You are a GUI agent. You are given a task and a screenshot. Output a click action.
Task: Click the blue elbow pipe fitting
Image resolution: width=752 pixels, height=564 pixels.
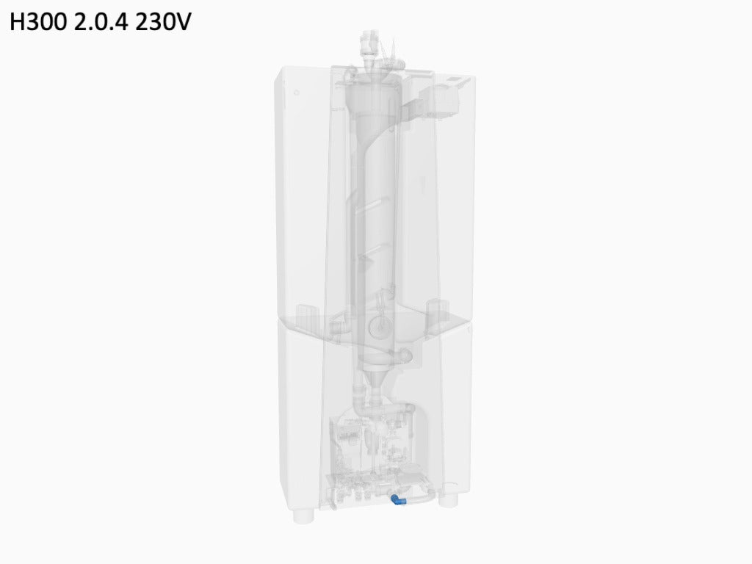coord(398,500)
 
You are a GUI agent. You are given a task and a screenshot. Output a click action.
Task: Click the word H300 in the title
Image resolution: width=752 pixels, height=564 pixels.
coord(38,22)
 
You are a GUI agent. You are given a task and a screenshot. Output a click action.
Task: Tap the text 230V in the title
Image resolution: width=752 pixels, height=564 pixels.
coord(163,22)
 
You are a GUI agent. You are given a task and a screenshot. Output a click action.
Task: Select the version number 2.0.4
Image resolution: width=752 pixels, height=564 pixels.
coord(101,22)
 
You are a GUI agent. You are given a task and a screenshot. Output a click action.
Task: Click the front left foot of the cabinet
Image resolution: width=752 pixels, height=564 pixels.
coord(303,516)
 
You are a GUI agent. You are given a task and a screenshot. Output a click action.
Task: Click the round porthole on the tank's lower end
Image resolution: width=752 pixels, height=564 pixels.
coord(379,327)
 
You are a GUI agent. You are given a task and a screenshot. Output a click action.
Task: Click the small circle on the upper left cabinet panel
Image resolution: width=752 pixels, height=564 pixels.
coord(297,93)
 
